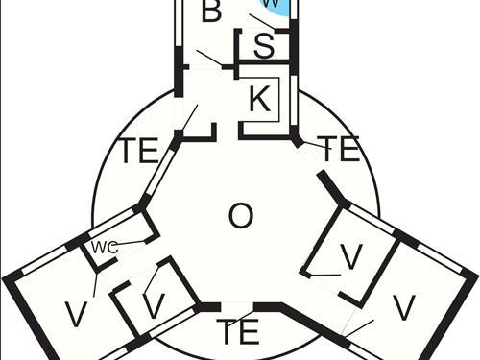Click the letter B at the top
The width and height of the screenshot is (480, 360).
[212, 12]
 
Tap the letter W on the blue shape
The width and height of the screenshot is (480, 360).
[272, 4]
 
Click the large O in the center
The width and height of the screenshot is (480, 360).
[241, 216]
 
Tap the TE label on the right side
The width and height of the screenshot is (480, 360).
[337, 149]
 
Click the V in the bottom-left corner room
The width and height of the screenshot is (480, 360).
[75, 313]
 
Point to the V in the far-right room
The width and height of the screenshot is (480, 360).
[404, 307]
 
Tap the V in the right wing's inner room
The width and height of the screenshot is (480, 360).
[352, 257]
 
